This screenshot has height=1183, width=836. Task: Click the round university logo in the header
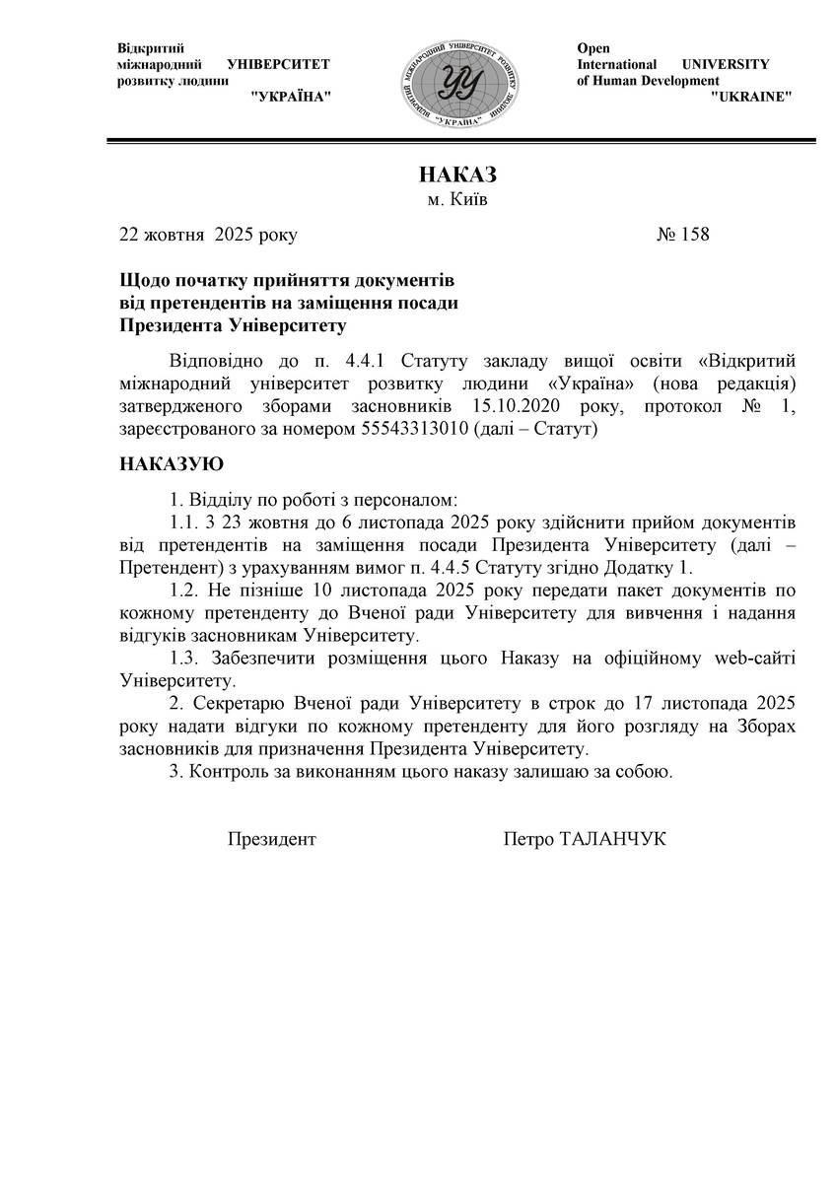coord(457,83)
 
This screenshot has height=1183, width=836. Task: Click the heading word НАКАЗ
coord(457,175)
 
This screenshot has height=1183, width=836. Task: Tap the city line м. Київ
coord(456,200)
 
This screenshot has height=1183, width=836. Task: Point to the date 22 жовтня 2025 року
coord(208,235)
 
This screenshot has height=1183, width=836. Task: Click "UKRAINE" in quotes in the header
coord(751,97)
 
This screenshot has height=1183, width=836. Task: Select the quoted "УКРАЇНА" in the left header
coord(291,97)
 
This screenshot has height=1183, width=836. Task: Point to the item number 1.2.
coord(182,590)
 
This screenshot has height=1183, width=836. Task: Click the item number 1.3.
coord(182,659)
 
